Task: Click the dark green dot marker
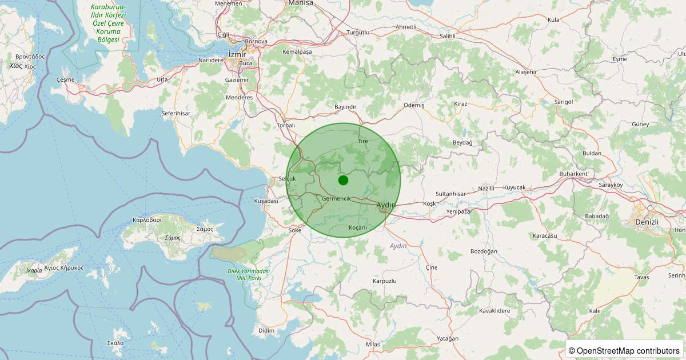(x=343, y=180)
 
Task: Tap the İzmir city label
(x=237, y=54)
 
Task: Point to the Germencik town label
(x=336, y=198)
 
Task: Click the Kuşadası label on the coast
(x=266, y=201)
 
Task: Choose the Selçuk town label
(x=287, y=179)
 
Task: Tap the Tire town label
(x=363, y=141)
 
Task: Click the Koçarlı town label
(x=358, y=227)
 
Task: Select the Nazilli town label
(x=486, y=188)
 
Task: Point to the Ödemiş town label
(x=414, y=106)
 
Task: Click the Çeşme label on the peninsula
(x=66, y=79)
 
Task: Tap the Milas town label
(x=373, y=345)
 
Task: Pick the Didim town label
(x=266, y=331)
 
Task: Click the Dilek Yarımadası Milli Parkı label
(x=248, y=274)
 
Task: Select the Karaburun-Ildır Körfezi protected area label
(x=108, y=23)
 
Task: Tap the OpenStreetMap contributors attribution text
(x=624, y=350)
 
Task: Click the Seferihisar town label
(x=176, y=114)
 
